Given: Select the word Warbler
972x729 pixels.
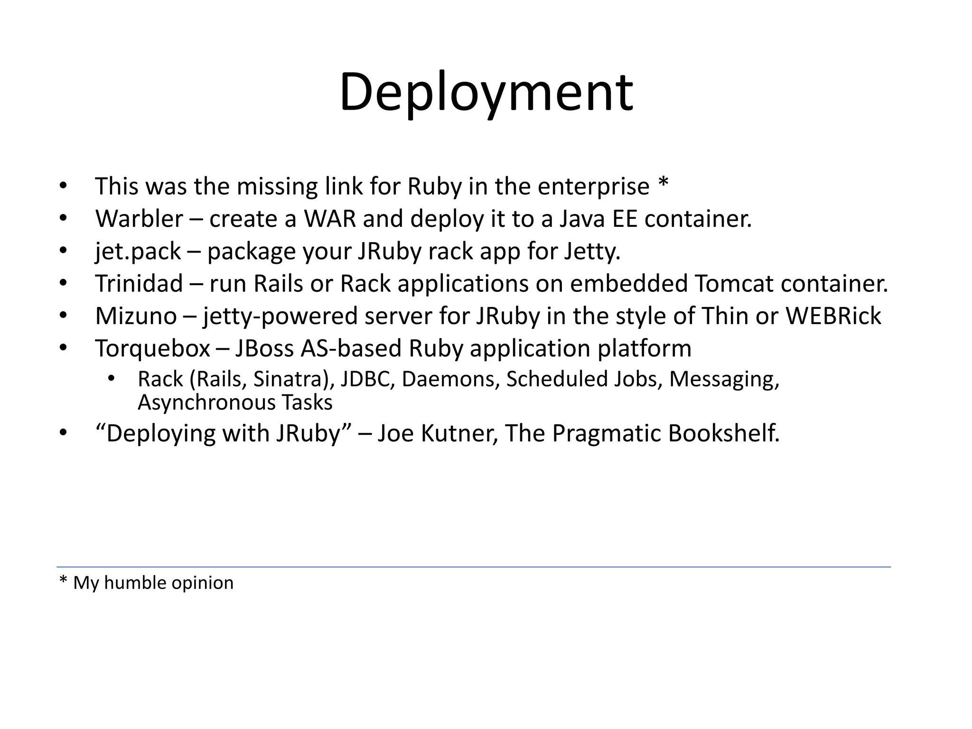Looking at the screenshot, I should pos(139,219).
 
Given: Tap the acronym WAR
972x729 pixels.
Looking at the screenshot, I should pos(329,219).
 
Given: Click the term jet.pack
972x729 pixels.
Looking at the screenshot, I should pos(138,252).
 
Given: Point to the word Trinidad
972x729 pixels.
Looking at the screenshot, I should pos(139,284).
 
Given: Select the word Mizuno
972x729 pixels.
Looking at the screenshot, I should pos(136,316).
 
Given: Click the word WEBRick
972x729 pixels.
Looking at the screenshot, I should pos(833,316).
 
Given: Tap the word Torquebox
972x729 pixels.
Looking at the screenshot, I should pos(152,349).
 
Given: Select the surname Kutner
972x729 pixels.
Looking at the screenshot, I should pos(459,433).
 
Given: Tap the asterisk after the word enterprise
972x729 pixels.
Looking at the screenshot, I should pos(663,183).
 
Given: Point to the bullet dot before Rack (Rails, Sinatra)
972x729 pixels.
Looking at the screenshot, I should pos(111,379).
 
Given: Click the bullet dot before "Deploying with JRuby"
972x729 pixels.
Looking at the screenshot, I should pos(64,433).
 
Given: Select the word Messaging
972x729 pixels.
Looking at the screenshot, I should pos(724,379).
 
